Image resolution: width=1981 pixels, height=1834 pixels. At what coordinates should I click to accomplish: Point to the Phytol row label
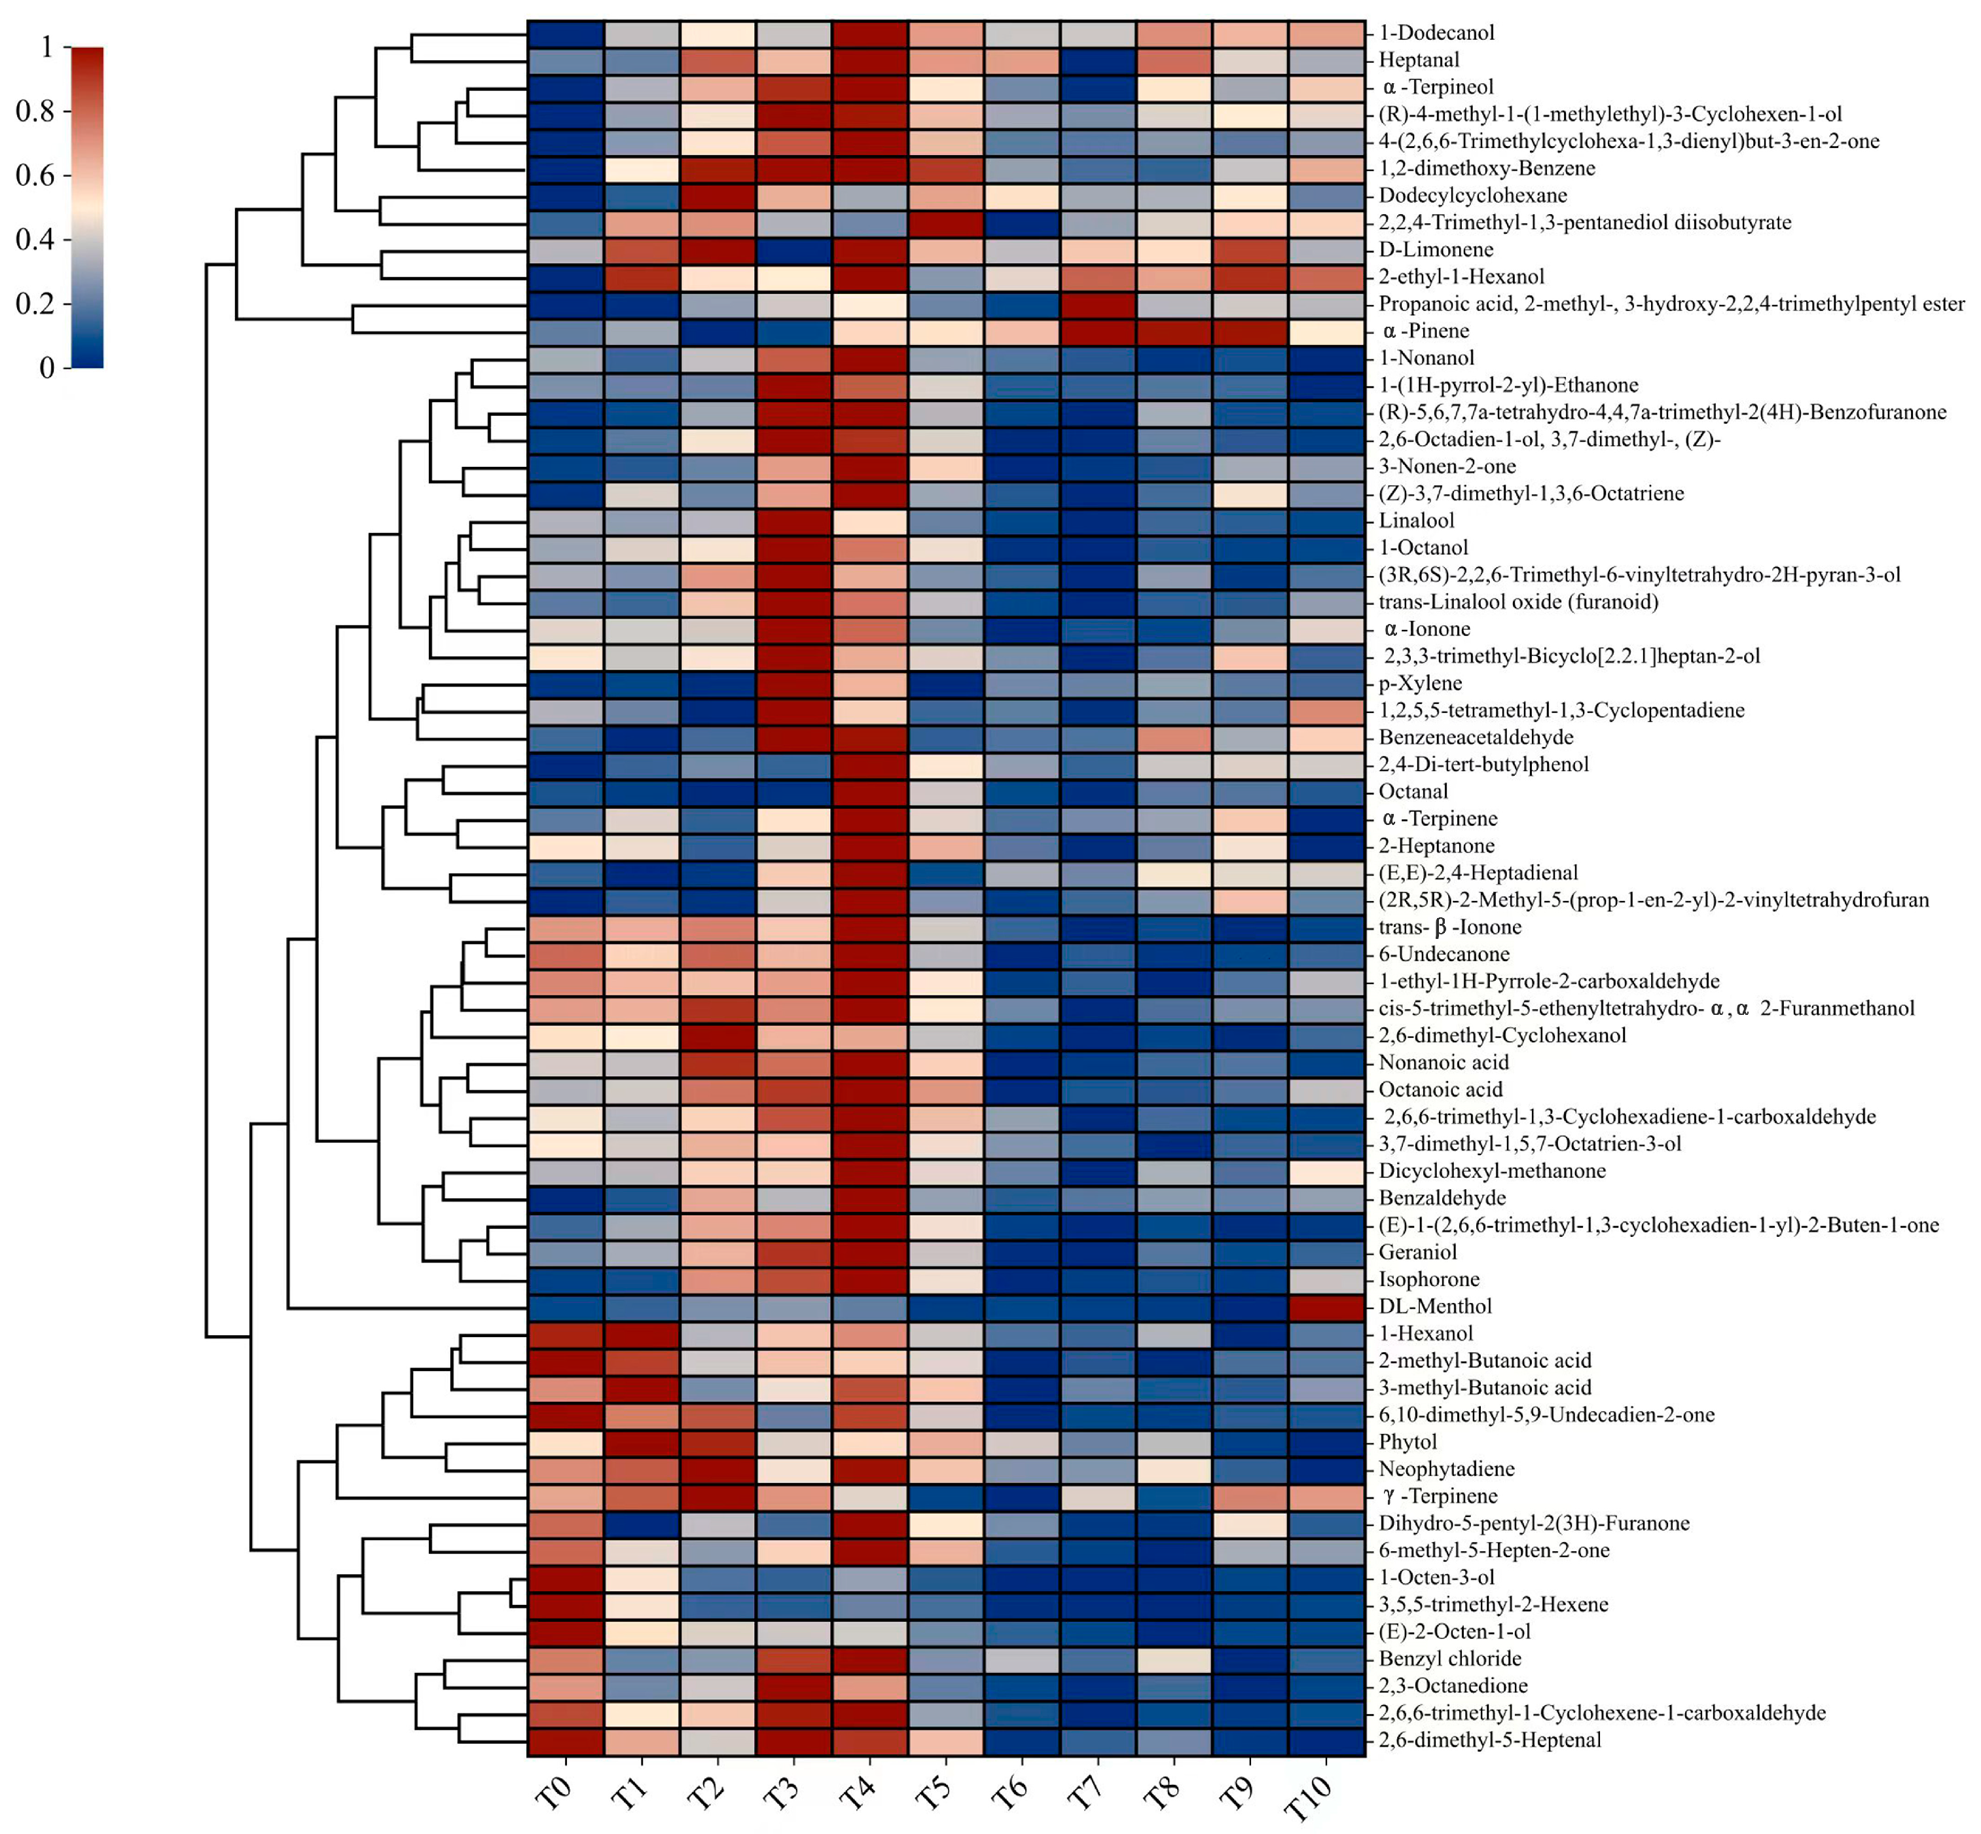[x=1408, y=1441]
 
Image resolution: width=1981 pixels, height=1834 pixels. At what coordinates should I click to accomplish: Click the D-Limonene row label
[x=1435, y=249]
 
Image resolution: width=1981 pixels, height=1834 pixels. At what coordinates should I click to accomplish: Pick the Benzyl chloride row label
[x=1449, y=1659]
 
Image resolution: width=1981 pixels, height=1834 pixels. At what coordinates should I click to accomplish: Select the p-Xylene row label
[x=1419, y=683]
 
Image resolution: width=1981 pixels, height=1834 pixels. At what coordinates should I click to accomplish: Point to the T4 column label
[x=858, y=1792]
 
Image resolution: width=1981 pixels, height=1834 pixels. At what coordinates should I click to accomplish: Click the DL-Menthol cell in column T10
[x=1327, y=1306]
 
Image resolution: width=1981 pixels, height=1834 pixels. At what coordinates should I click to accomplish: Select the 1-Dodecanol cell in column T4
[x=869, y=33]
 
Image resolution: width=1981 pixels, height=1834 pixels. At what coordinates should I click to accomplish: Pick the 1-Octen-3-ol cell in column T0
[x=566, y=1577]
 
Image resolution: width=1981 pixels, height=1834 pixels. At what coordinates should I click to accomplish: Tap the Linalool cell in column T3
[x=794, y=520]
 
